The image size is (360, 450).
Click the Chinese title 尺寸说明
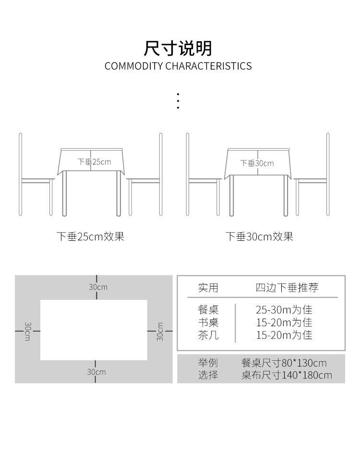178,48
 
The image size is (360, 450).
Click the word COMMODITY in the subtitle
134,66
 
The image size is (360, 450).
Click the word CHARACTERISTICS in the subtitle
209,66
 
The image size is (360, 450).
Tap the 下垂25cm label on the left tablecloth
94,162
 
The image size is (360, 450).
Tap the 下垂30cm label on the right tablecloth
257,163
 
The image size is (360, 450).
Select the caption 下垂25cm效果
90,237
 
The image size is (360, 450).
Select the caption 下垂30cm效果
259,237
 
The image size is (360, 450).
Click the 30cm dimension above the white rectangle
98,287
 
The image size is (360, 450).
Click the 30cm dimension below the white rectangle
96,372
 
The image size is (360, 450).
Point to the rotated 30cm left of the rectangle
27,332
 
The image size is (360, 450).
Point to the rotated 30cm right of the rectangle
160,332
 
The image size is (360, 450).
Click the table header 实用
208,287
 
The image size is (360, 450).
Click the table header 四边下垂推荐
287,287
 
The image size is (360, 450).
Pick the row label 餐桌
208,309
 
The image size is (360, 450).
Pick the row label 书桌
208,322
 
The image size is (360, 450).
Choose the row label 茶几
208,335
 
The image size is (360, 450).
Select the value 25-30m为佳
284,309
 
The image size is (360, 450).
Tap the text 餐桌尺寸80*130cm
284,363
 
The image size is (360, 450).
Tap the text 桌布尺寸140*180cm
287,375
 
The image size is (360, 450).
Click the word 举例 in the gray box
208,363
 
